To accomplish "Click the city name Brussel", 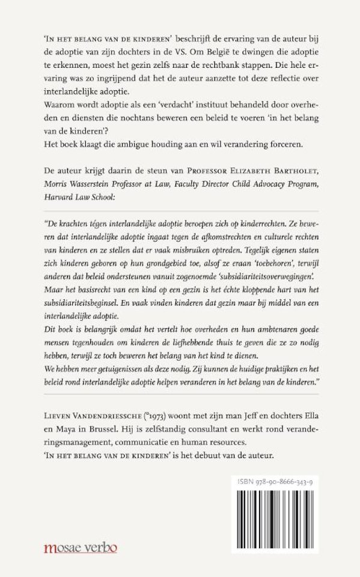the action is point(100,427).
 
